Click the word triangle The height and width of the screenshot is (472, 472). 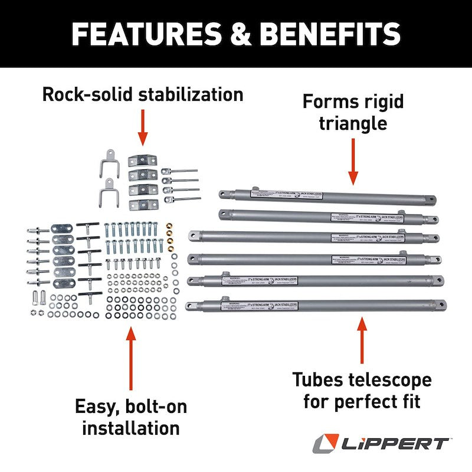[x=353, y=123]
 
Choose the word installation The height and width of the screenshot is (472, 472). [x=131, y=428]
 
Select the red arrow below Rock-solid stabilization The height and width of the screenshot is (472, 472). [x=142, y=126]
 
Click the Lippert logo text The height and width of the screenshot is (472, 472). [x=390, y=443]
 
